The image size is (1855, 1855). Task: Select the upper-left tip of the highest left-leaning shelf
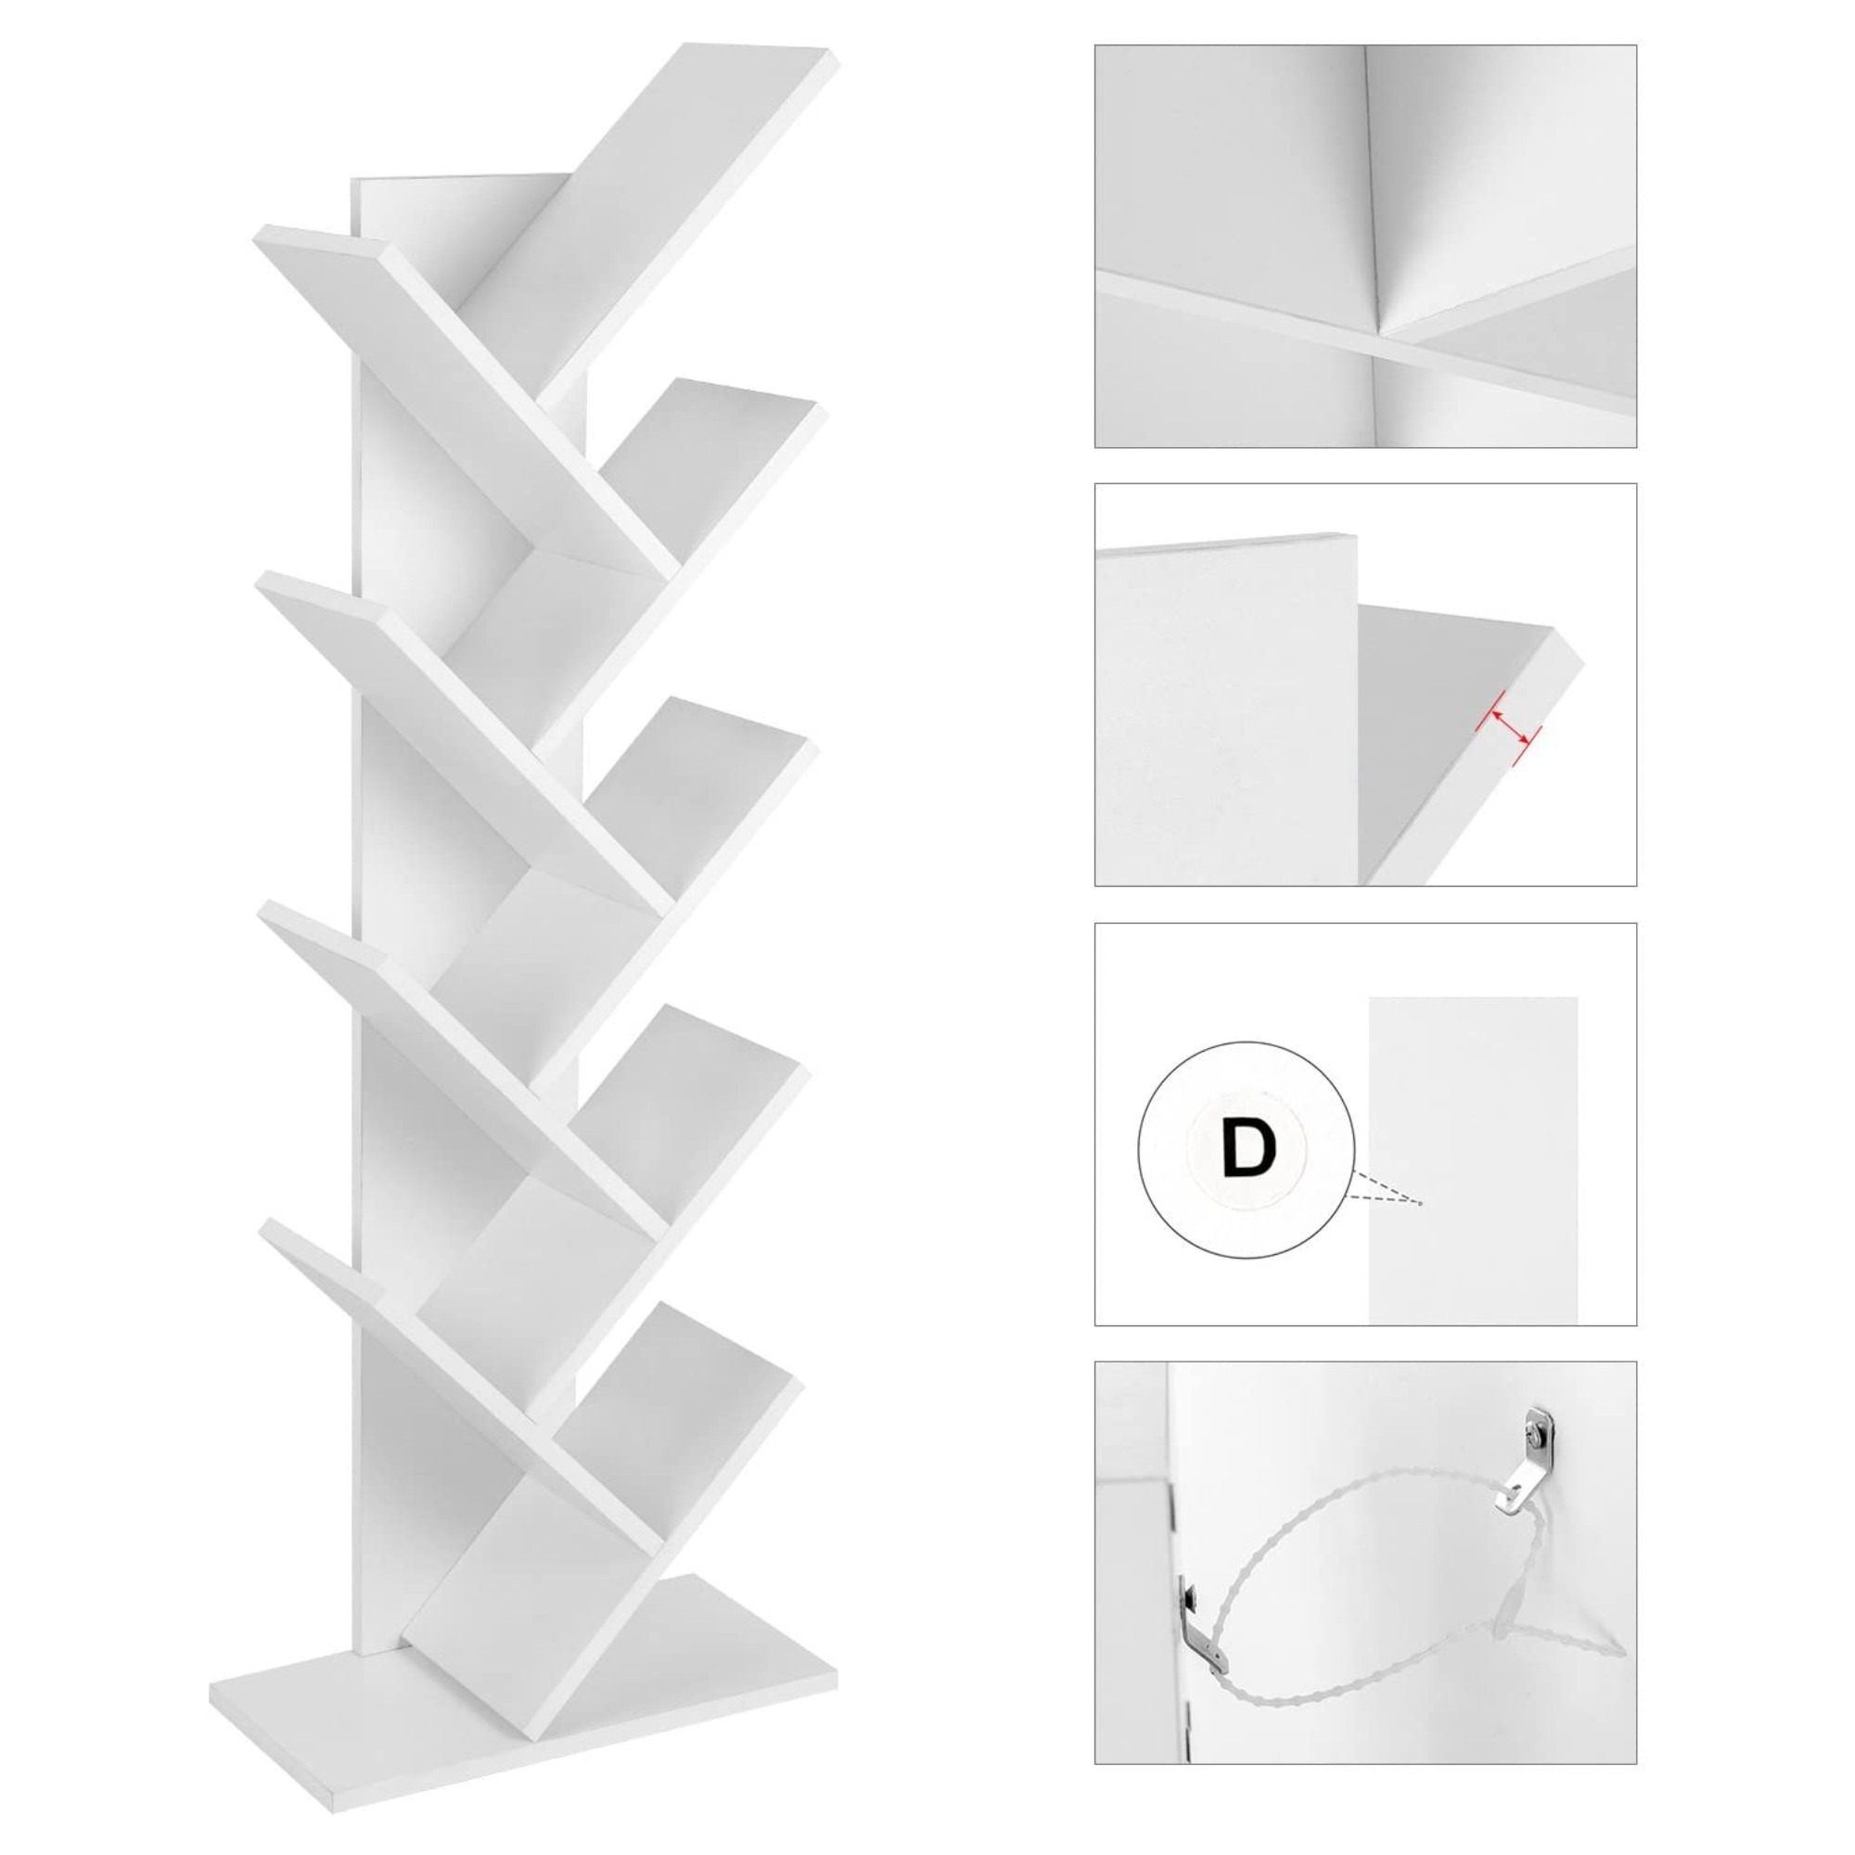coord(257,230)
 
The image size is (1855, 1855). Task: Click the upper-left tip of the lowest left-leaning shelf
coord(262,1224)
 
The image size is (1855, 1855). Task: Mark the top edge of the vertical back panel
coord(461,178)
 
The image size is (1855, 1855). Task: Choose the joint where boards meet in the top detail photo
coord(1381,336)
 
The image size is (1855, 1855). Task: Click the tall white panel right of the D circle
coord(1473,1161)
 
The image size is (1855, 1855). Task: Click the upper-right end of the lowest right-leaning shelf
coord(795,1383)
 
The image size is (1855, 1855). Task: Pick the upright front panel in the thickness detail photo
coord(1226,710)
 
